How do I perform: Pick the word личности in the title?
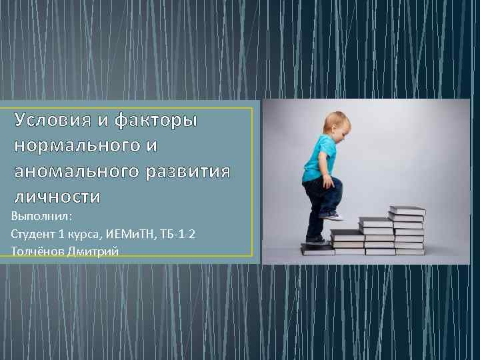[x=57, y=197]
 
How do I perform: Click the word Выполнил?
[x=41, y=217]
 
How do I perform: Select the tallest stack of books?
[x=407, y=231]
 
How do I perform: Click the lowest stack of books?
[x=317, y=249]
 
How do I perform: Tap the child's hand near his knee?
[x=328, y=181]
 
